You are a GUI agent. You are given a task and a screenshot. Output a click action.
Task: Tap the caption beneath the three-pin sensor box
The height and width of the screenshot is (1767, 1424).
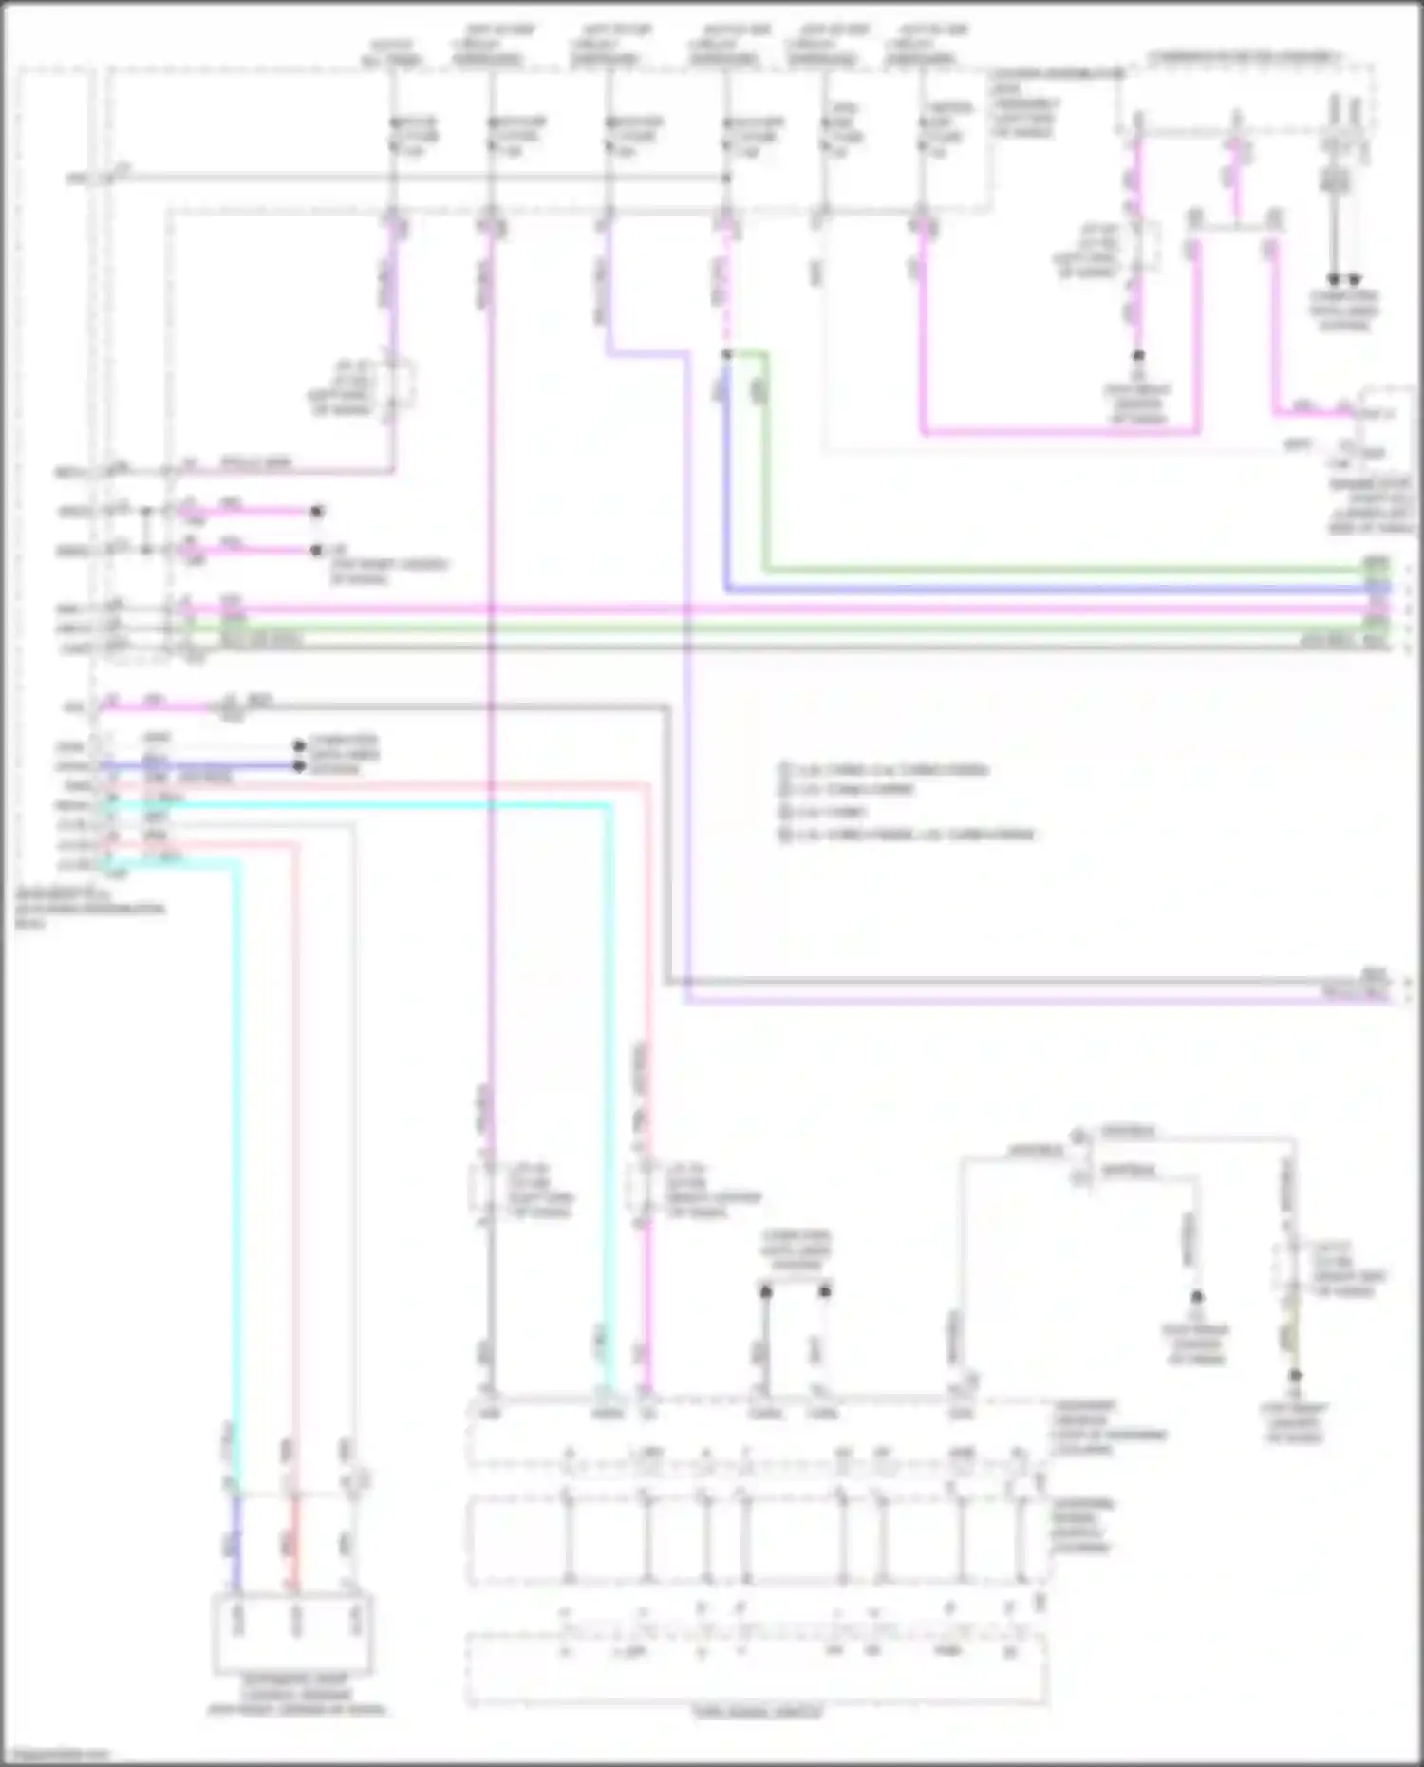tap(297, 1695)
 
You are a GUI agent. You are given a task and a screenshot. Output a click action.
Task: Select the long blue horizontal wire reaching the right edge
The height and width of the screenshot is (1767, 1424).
tap(1044, 590)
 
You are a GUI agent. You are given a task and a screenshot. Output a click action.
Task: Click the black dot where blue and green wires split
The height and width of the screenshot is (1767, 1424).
tap(726, 354)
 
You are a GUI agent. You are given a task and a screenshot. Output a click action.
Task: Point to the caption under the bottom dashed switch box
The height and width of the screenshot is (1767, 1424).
tap(757, 1713)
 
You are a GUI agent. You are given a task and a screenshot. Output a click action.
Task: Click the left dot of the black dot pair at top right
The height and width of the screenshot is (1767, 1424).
tap(1333, 280)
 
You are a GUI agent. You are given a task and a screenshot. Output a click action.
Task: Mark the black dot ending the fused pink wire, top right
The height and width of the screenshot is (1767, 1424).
tap(1138, 356)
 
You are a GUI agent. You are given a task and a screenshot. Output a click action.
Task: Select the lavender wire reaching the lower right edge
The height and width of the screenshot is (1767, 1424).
tap(1044, 999)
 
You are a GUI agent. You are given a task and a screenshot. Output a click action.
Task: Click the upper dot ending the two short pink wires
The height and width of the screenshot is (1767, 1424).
tap(317, 511)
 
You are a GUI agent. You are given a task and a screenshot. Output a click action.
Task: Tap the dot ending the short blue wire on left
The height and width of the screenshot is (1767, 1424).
tap(299, 765)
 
